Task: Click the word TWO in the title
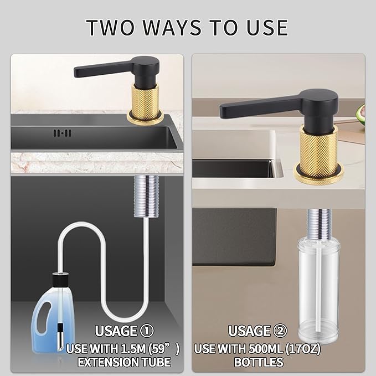click(x=110, y=27)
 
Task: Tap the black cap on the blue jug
click(x=61, y=280)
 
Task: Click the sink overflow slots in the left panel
click(x=63, y=133)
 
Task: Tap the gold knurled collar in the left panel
click(x=145, y=104)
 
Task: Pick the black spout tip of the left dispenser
click(x=76, y=72)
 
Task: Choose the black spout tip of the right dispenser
click(x=223, y=111)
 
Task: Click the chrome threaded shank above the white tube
click(x=146, y=196)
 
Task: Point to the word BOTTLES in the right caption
click(x=259, y=362)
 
